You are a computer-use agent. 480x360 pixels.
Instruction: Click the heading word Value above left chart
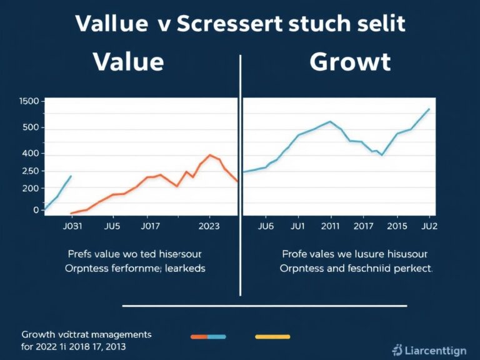click(128, 62)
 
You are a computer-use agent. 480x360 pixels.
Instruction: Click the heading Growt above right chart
click(349, 62)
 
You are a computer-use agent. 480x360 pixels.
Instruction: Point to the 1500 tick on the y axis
click(29, 101)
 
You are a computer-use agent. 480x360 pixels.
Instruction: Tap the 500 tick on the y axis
click(31, 128)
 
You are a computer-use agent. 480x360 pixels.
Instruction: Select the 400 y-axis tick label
click(31, 153)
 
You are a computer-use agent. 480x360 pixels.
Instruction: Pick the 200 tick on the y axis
click(31, 188)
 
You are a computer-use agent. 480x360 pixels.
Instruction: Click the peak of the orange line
click(211, 155)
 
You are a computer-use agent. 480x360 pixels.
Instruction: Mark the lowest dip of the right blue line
click(381, 154)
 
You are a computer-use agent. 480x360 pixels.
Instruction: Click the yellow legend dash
click(272, 336)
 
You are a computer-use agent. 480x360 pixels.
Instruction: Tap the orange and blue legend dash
click(208, 336)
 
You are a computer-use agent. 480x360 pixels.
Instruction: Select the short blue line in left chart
click(58, 194)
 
